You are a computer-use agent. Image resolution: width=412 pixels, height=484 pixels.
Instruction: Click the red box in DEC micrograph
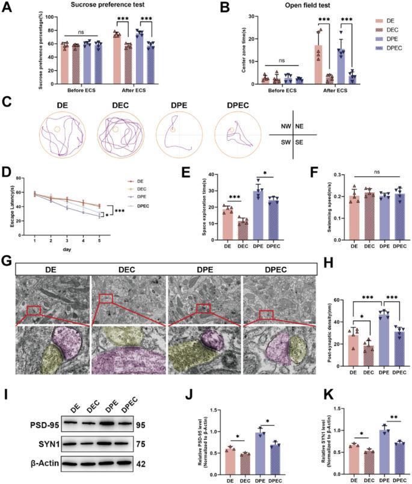click(x=106, y=298)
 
